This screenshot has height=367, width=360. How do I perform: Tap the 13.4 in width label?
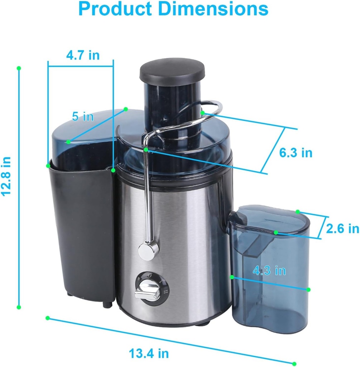click(149, 353)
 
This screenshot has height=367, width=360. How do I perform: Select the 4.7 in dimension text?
click(83, 55)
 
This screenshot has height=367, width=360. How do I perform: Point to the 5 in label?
click(83, 116)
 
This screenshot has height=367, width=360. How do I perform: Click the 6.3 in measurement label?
click(296, 153)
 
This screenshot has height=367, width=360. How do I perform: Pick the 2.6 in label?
click(342, 228)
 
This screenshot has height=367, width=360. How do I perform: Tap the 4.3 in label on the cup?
click(269, 271)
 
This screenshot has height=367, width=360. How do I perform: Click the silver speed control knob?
click(148, 291)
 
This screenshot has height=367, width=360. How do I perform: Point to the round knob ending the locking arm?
click(148, 249)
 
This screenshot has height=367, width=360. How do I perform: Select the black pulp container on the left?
click(82, 229)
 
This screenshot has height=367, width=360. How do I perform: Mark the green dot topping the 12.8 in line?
click(19, 68)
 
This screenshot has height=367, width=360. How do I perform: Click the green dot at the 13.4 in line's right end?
click(294, 363)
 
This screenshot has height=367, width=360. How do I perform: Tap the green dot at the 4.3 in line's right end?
click(309, 289)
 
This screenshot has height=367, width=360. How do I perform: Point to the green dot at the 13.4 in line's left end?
click(48, 318)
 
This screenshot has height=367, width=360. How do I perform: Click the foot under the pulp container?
click(107, 304)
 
